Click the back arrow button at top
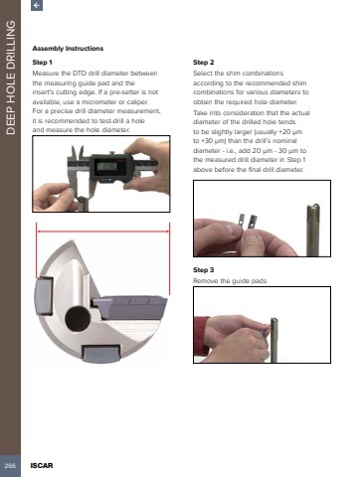coord(37,5)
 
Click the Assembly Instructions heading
coord(68,49)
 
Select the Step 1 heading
coord(42,63)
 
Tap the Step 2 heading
coord(204,63)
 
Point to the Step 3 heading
coord(204,270)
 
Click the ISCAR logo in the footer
coord(42,465)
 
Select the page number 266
coord(10,465)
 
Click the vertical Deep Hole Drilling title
coord(11,78)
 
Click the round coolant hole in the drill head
coord(78,319)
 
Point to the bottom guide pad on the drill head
coord(100,354)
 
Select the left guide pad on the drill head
coord(44,296)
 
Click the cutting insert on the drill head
coord(129,307)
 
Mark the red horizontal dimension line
coord(102,232)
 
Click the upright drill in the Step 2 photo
coord(313,230)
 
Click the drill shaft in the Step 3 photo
coord(274,340)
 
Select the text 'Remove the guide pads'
coord(230,281)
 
